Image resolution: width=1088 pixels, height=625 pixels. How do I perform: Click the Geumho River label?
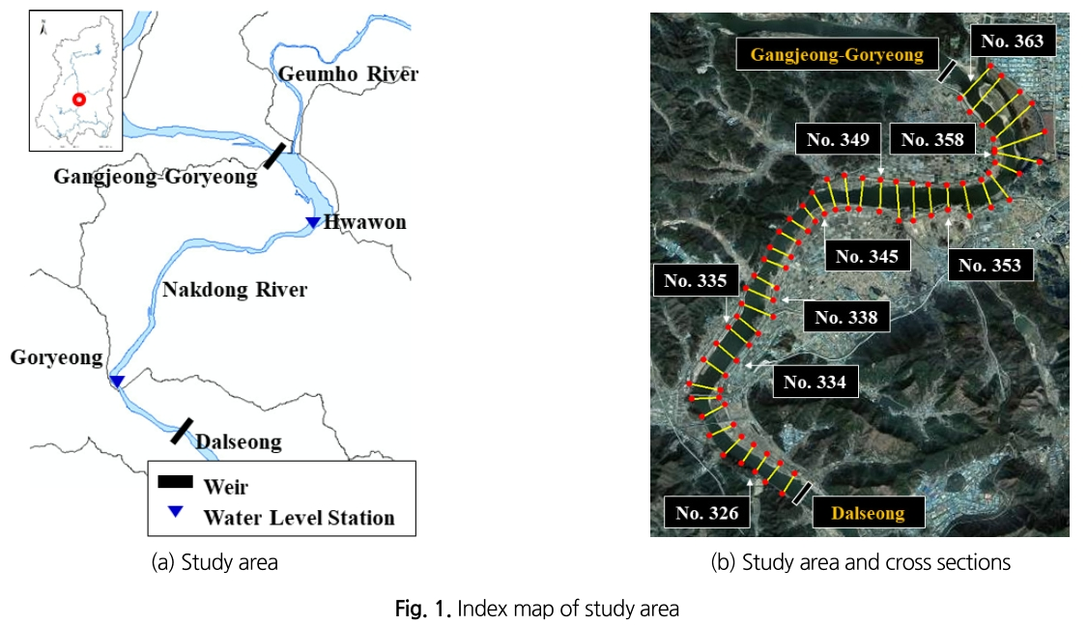(348, 74)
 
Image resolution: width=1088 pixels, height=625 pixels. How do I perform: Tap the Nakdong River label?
(235, 290)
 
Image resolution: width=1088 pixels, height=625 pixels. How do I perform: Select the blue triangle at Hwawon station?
(312, 223)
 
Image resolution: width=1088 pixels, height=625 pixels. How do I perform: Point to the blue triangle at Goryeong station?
(116, 382)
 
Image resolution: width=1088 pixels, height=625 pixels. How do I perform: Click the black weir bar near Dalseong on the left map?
(182, 431)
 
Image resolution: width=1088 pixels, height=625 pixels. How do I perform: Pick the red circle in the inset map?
(79, 99)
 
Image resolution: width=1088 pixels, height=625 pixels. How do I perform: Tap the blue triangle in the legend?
(174, 512)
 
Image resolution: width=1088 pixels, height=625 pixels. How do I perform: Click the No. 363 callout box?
(1012, 41)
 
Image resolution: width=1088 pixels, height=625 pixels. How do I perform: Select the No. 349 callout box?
(838, 140)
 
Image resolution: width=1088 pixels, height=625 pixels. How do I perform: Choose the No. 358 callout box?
(932, 140)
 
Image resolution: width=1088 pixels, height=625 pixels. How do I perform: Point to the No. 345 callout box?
(867, 256)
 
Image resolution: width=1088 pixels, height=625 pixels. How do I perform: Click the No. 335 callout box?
(696, 282)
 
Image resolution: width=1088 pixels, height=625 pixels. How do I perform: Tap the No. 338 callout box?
(845, 317)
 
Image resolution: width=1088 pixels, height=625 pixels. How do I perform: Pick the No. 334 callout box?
(815, 382)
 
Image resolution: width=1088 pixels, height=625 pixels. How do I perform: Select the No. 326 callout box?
(707, 513)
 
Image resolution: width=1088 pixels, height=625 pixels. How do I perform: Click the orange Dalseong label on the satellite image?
(869, 513)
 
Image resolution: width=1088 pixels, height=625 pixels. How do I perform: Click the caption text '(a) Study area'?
(215, 562)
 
